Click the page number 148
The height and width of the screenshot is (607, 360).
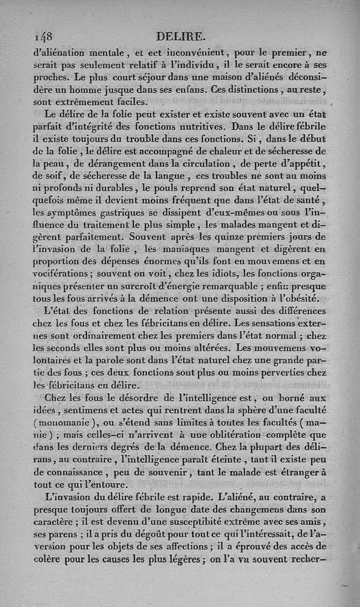43,36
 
